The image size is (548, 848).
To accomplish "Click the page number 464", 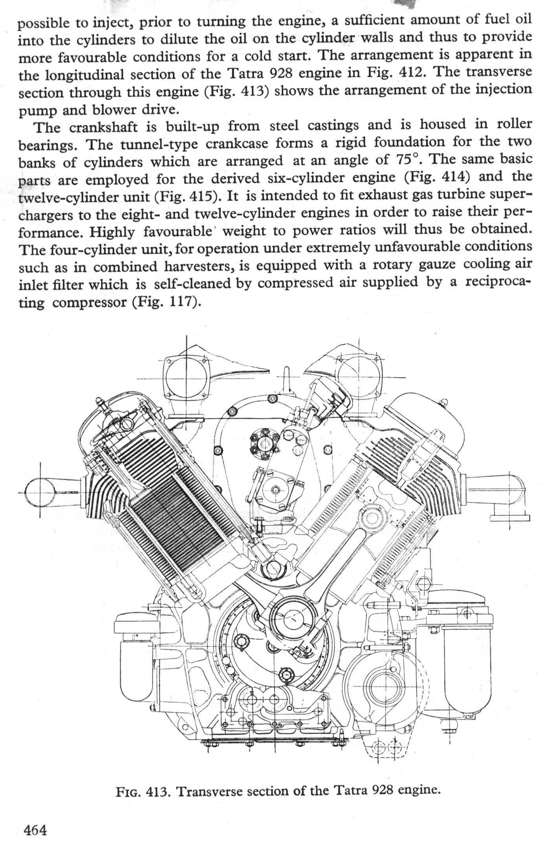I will [35, 830].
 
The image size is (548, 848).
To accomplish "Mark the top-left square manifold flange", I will [184, 377].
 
